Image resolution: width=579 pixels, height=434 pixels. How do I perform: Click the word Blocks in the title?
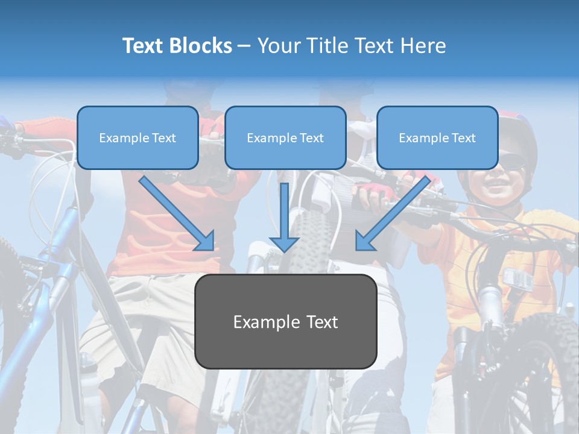201,46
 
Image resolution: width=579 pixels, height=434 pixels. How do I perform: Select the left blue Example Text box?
138,137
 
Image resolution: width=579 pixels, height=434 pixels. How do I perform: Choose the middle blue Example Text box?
285,137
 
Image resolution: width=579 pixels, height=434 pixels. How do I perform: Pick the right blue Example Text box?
437,137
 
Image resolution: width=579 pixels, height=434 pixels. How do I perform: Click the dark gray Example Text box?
285,321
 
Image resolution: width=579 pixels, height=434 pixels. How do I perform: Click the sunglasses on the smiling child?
513,160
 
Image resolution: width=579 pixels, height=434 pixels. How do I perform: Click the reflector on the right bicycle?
517,278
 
